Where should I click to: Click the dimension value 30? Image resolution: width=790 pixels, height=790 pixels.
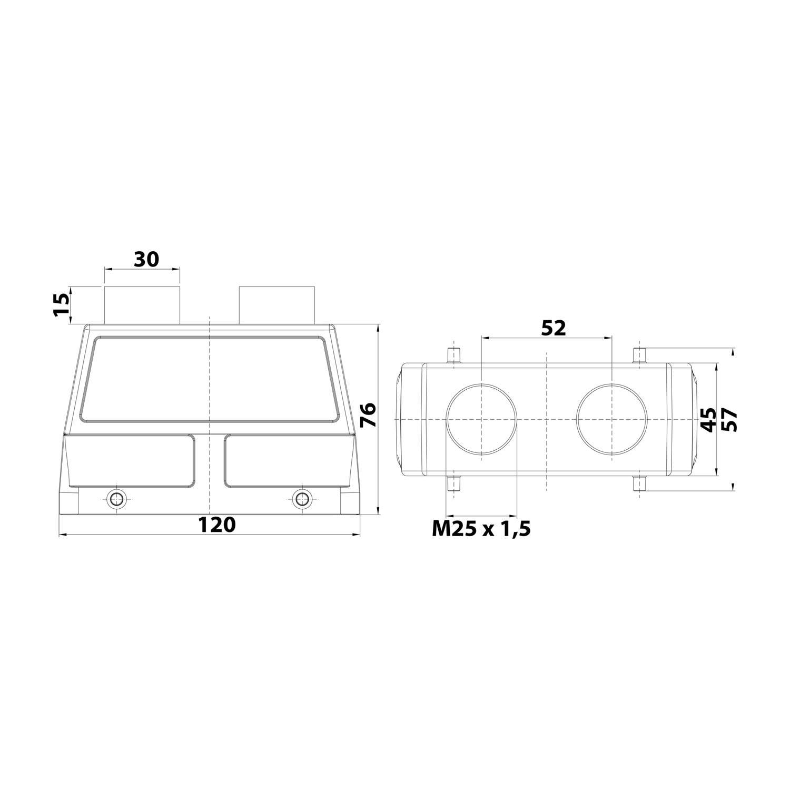tap(146, 259)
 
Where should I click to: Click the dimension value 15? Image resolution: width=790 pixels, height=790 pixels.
tap(62, 304)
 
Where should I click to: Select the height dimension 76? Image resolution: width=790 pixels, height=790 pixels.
tap(369, 414)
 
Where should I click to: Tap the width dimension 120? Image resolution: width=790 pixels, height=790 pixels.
tap(216, 525)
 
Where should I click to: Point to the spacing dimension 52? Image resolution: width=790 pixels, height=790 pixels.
tap(553, 328)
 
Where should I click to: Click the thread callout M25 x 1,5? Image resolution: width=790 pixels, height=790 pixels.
tap(481, 529)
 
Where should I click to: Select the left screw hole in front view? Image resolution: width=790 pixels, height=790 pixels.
tap(115, 498)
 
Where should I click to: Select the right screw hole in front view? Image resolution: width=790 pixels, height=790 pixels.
tap(301, 498)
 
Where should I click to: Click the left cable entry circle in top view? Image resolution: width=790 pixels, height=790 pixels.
tap(481, 419)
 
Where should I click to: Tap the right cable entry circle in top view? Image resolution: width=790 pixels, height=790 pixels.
tap(611, 419)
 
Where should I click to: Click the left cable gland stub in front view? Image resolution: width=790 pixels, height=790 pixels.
tap(142, 305)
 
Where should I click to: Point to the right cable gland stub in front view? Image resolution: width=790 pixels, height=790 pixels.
tap(277, 305)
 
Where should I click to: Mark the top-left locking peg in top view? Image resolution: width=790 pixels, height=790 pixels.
tap(453, 355)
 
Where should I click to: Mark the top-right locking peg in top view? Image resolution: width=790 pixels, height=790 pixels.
tap(639, 355)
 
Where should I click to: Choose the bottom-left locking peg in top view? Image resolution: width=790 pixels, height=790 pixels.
tap(453, 483)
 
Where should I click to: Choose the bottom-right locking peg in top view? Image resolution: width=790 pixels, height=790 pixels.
tap(639, 483)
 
